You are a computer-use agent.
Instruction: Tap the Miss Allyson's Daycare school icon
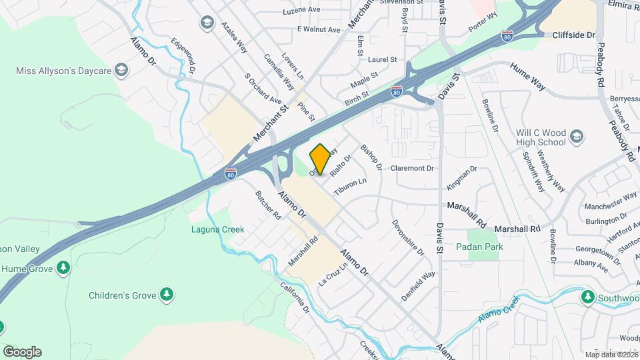tap(121, 69)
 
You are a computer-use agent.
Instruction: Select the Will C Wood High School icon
tap(577, 137)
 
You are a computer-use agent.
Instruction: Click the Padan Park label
tap(479, 247)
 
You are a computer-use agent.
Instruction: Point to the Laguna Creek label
tap(217, 229)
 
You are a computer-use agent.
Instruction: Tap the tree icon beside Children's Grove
tap(167, 294)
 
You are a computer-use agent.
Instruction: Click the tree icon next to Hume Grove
tap(63, 268)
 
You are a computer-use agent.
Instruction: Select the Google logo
tap(22, 352)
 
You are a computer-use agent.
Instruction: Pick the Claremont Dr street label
tap(412, 168)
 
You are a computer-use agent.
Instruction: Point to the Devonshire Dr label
tap(408, 238)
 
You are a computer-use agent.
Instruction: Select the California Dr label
tap(295, 298)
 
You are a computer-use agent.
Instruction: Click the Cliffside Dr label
tap(573, 35)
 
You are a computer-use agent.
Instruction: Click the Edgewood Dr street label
tap(183, 55)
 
